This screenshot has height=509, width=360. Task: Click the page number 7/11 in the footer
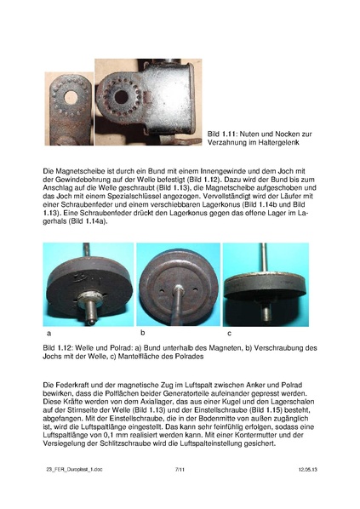point(180,492)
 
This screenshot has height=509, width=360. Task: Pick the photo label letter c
point(228,333)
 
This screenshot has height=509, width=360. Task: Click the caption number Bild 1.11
point(224,134)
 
